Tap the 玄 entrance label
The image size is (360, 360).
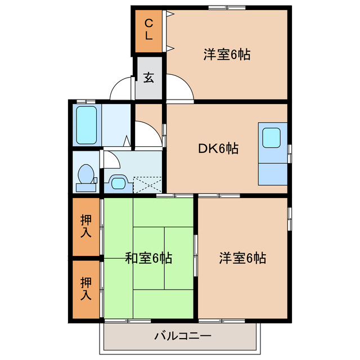click(x=148, y=78)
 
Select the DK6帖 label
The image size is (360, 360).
click(x=218, y=148)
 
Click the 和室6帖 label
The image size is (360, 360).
click(x=148, y=258)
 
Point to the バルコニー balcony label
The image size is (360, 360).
click(x=182, y=337)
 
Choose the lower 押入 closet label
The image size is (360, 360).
click(x=85, y=287)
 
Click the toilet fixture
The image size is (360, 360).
click(x=86, y=174)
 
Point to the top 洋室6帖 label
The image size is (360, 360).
click(x=227, y=55)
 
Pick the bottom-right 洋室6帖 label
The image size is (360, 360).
click(x=242, y=258)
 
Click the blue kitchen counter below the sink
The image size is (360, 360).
click(x=272, y=172)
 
